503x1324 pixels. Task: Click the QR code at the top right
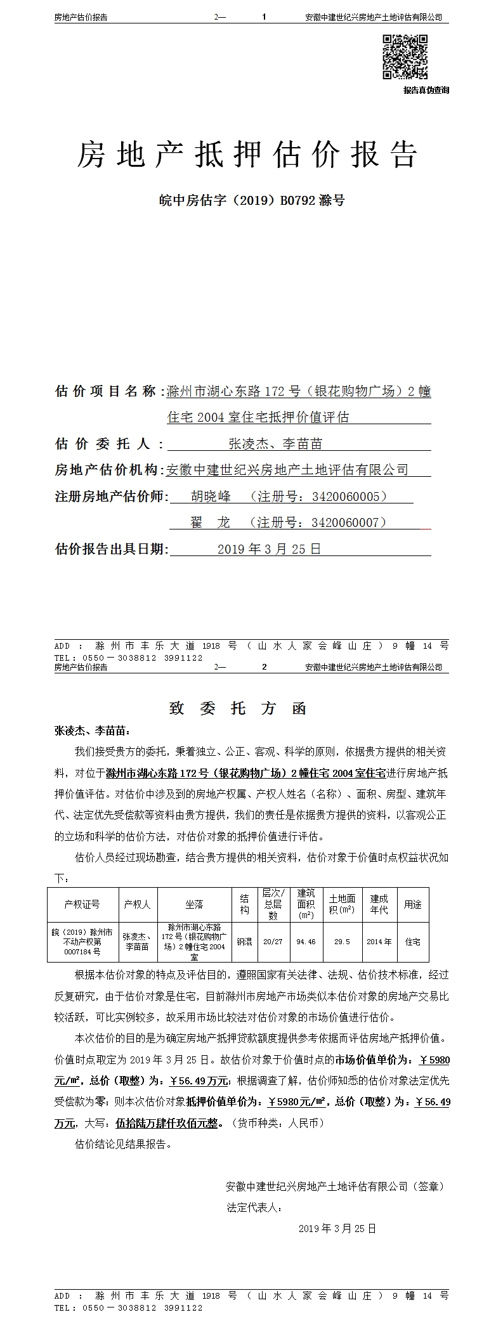click(x=405, y=57)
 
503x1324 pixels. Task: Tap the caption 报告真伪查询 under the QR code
click(x=426, y=90)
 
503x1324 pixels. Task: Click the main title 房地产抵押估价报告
click(x=247, y=155)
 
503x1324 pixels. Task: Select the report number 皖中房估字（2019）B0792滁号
click(x=251, y=201)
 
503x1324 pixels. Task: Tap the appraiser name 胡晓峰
click(x=211, y=496)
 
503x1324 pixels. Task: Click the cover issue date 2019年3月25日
click(x=269, y=548)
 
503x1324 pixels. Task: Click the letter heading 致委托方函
click(x=238, y=708)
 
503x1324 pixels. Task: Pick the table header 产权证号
click(x=82, y=904)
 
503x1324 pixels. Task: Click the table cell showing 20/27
click(x=273, y=942)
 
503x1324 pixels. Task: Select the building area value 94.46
click(x=306, y=942)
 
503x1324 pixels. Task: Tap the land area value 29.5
click(x=342, y=942)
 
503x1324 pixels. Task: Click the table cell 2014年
click(x=379, y=942)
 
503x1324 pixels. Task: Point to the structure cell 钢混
click(x=244, y=942)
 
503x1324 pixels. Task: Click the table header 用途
click(x=413, y=904)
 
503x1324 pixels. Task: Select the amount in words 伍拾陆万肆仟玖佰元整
click(x=169, y=1123)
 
